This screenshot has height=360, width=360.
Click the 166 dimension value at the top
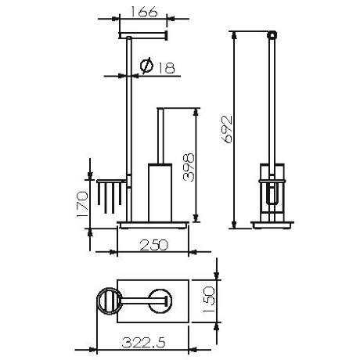tap(142, 13)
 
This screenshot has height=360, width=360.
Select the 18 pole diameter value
tap(163, 67)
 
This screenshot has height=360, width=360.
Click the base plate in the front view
tap(155, 226)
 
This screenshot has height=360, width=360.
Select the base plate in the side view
tap(270, 226)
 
